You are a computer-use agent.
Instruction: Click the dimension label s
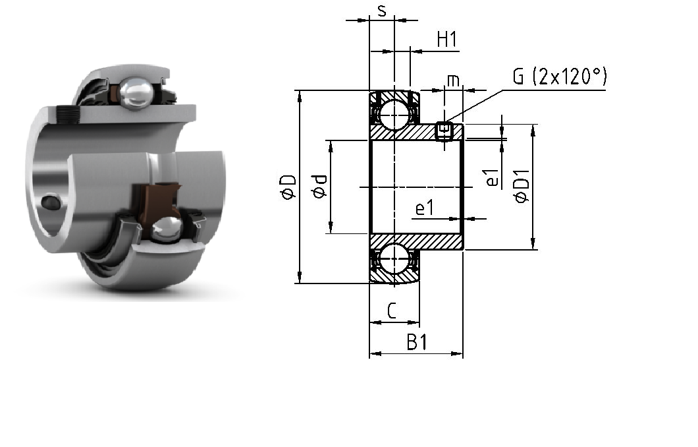381,11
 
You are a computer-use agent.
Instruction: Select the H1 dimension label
447,40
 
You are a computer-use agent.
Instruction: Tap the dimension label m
453,80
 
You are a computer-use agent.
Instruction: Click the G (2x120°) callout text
560,76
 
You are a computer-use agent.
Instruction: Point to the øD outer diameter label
289,187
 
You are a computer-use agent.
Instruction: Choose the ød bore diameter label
320,187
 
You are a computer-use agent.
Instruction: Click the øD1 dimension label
523,187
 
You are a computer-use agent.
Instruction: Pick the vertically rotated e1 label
492,178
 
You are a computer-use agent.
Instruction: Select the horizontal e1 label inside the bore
424,208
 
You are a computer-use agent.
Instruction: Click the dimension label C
392,311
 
